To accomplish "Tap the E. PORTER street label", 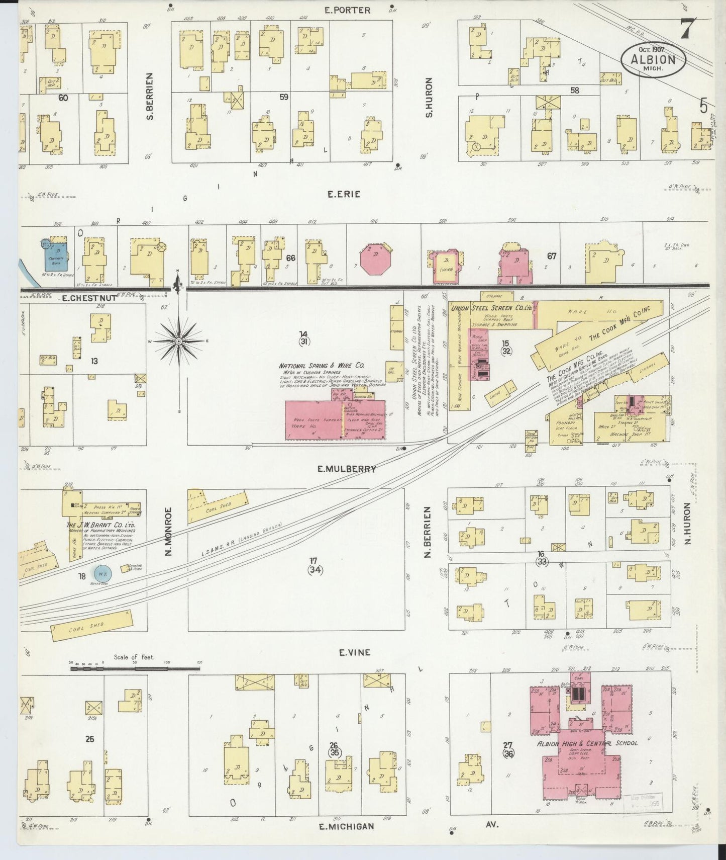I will tap(347, 10).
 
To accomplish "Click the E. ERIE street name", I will tap(344, 194).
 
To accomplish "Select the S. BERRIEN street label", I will tap(149, 96).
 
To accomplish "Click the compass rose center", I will tap(178, 341).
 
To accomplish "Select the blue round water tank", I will tap(103, 573).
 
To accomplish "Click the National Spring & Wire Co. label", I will tap(322, 366).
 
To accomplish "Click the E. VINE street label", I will tap(354, 652).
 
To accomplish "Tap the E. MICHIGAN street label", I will tap(347, 826).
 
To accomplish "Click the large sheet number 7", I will tap(686, 29).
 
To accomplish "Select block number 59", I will tap(284, 97).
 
